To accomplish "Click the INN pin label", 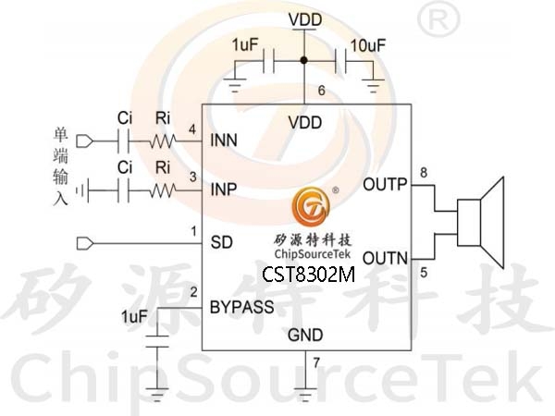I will click(224, 141).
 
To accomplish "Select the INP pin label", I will click(224, 190).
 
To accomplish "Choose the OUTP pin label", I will click(385, 184).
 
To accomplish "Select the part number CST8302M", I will click(308, 275).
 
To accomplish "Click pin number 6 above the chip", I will click(321, 91).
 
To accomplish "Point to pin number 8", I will click(424, 173).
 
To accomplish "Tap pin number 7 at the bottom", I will click(315, 361).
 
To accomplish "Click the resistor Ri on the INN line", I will click(163, 141).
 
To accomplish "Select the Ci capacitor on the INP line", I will click(123, 190).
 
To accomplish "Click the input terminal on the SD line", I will click(86, 243).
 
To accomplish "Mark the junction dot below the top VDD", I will click(304, 62).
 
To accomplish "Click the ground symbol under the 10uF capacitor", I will click(374, 88).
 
